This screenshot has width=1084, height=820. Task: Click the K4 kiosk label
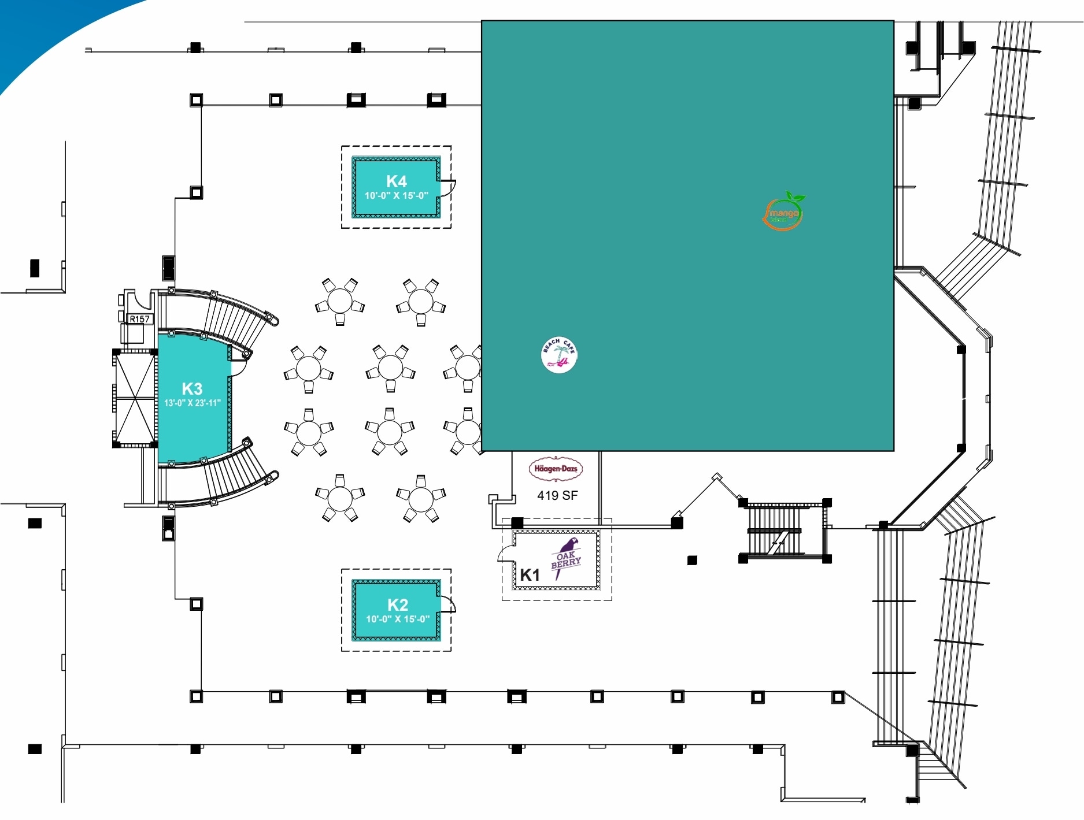397,181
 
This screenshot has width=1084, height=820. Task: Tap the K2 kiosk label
397,604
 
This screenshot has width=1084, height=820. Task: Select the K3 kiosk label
192,388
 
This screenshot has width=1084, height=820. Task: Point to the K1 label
530,574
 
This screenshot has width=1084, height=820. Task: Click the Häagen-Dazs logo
556,469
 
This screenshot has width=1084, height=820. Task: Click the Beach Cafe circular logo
559,355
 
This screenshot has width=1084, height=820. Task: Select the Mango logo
784,212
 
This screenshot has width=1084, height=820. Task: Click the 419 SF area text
557,495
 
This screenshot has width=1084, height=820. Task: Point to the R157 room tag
139,319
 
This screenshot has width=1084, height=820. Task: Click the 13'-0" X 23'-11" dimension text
193,403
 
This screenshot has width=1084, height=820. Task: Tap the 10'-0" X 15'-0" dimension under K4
397,195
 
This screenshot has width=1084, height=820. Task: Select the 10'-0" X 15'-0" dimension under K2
398,619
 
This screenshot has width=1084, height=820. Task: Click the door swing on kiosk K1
506,554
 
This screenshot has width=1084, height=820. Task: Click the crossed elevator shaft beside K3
135,398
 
